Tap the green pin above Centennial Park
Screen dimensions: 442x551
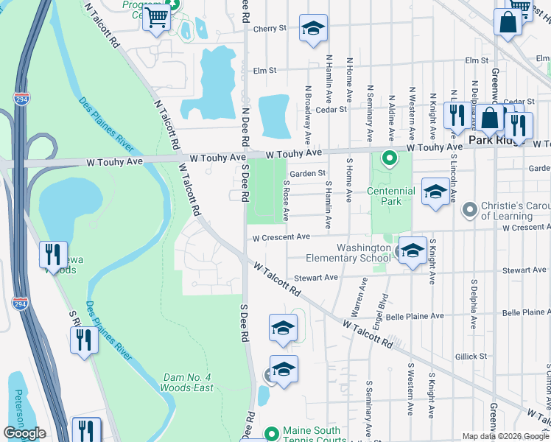coord(387,158)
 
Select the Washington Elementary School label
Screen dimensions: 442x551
coord(364,253)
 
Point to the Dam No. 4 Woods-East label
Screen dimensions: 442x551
coord(188,383)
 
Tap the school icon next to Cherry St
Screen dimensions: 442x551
coord(314,29)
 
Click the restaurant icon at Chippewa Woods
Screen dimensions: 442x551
coord(53,255)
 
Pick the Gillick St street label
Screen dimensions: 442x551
coord(471,356)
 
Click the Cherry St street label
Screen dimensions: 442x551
coord(269,28)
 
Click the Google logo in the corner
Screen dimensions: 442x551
coord(24,433)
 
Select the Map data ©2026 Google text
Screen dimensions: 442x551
coord(505,436)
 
